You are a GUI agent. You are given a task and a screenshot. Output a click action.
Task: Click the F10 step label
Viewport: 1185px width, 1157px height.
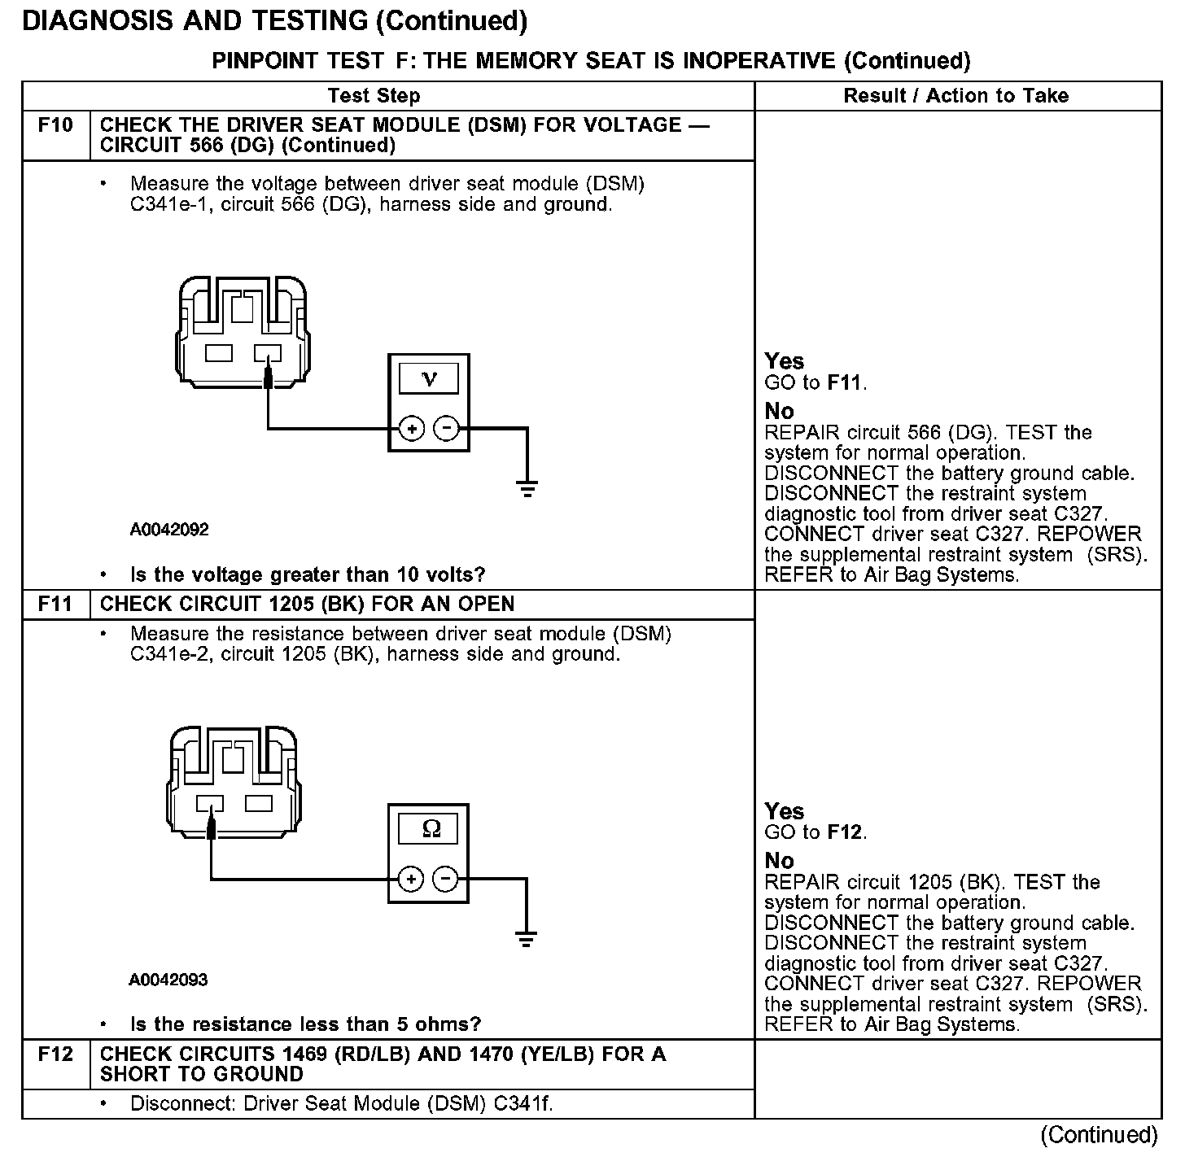pyautogui.click(x=55, y=125)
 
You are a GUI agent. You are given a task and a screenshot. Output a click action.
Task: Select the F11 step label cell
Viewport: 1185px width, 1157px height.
pyautogui.click(x=55, y=605)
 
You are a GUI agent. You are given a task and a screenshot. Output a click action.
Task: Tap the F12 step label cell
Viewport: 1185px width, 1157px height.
pyautogui.click(x=55, y=1054)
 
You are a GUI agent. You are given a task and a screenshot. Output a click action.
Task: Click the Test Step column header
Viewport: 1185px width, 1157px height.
pyautogui.click(x=374, y=96)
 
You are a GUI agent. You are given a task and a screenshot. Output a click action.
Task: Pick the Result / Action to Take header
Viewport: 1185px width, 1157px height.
pyautogui.click(x=956, y=96)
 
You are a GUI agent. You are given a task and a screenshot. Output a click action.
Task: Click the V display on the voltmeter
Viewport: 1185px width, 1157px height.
pyautogui.click(x=429, y=379)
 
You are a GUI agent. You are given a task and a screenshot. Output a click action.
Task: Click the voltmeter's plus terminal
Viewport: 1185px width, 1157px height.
pyautogui.click(x=412, y=428)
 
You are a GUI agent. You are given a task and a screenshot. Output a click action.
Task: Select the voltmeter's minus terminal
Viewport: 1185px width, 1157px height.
pyautogui.click(x=446, y=428)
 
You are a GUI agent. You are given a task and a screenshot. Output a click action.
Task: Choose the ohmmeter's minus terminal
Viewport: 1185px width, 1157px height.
pyautogui.click(x=444, y=879)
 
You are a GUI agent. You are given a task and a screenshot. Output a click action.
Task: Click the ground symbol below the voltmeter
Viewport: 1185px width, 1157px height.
pyautogui.click(x=527, y=489)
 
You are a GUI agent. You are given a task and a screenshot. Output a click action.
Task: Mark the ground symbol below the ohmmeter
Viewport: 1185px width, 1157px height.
pyautogui.click(x=527, y=940)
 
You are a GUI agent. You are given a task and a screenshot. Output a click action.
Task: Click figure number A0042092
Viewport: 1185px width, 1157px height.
pyautogui.click(x=169, y=530)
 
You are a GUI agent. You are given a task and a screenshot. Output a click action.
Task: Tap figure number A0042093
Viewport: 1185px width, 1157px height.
pyautogui.click(x=168, y=980)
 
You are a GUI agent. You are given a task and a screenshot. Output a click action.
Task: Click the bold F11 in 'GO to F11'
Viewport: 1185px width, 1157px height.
pyautogui.click(x=844, y=382)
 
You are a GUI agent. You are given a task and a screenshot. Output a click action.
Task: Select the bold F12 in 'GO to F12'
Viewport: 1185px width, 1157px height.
pyautogui.click(x=844, y=832)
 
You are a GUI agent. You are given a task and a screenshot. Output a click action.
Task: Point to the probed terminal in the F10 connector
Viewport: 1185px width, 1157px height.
pyautogui.click(x=268, y=355)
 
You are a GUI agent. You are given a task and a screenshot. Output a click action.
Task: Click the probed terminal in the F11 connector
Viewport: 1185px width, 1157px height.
pyautogui.click(x=210, y=805)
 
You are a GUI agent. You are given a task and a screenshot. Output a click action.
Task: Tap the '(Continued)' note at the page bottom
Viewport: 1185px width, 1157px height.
pyautogui.click(x=1099, y=1134)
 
